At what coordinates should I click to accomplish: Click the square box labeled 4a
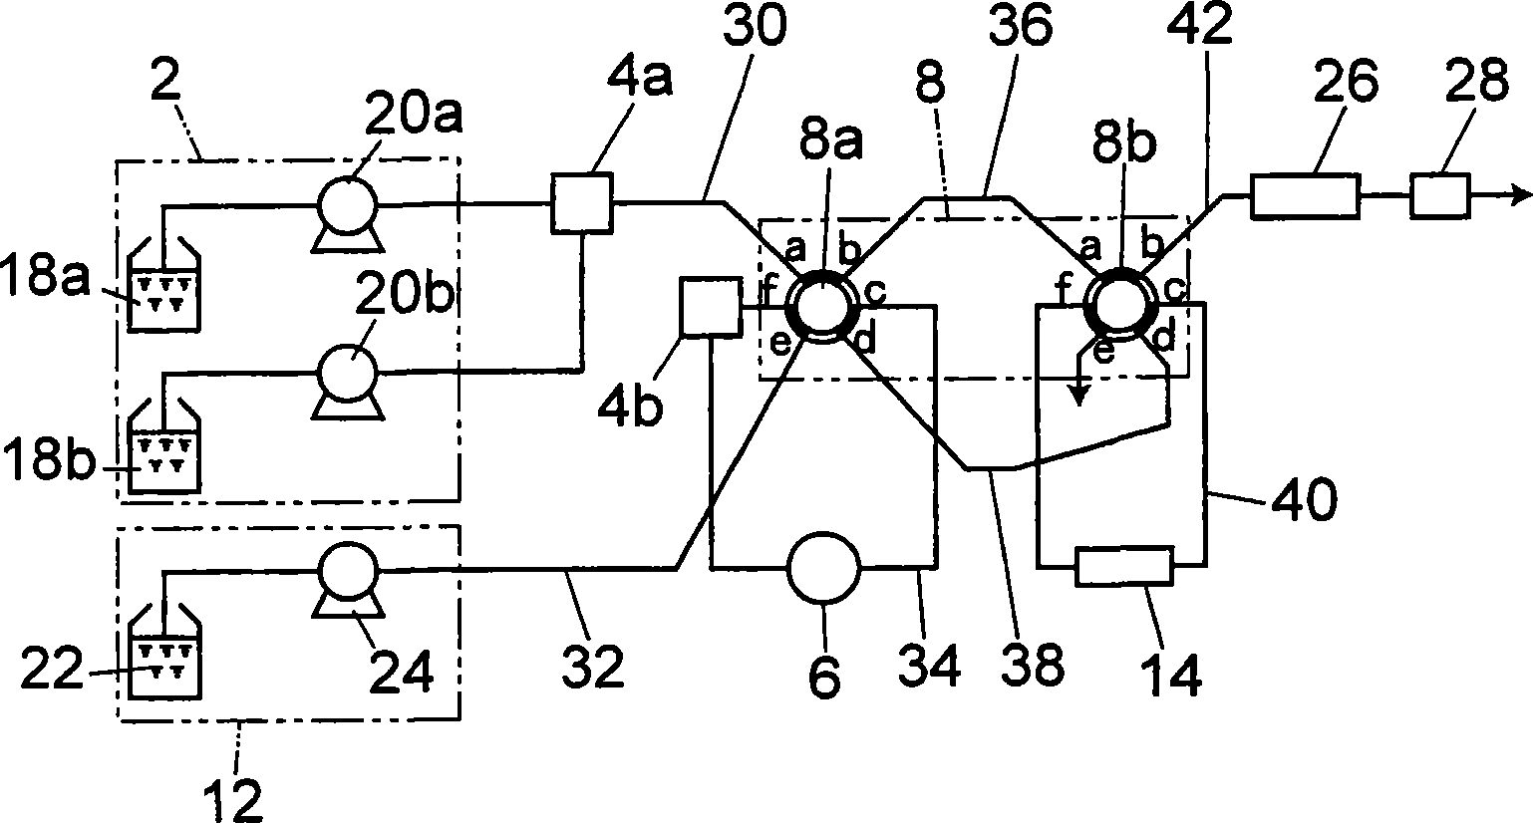(582, 203)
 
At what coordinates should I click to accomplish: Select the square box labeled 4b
(711, 307)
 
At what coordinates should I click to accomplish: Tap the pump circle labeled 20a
(347, 204)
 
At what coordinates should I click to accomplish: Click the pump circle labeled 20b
(347, 373)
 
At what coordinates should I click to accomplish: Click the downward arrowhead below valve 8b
(1079, 397)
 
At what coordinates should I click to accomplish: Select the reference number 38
(1032, 663)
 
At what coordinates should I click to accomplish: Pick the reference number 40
(1304, 500)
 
